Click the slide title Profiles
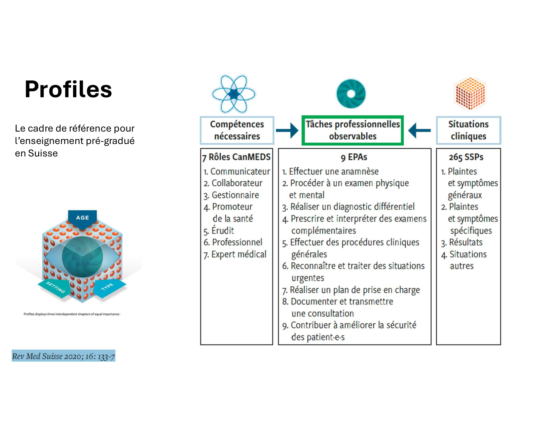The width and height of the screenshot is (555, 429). (68, 90)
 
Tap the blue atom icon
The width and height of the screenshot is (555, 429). (233, 94)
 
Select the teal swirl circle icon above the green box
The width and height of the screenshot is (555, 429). (351, 94)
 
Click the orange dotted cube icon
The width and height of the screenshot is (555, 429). (470, 94)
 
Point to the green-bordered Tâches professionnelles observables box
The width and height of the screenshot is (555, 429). (353, 131)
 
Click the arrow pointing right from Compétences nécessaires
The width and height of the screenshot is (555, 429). (287, 130)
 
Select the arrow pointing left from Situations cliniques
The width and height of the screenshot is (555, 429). (419, 130)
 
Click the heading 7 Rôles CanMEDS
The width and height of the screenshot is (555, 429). (236, 157)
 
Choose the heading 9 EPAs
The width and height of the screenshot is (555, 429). (354, 157)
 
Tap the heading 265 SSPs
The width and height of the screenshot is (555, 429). (466, 157)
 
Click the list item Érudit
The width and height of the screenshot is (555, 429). (222, 231)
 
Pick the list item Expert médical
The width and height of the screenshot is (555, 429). (238, 254)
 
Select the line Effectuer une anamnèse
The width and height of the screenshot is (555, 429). (333, 172)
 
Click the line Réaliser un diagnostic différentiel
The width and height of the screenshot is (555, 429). (352, 207)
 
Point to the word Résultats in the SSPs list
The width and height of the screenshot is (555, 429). (466, 242)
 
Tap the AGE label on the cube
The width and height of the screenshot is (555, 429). (82, 218)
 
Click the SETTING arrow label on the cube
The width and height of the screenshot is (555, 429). (55, 287)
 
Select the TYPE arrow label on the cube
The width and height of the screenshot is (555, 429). (108, 287)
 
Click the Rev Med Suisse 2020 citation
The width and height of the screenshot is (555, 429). (64, 356)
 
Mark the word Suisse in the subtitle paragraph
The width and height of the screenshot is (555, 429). (43, 153)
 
